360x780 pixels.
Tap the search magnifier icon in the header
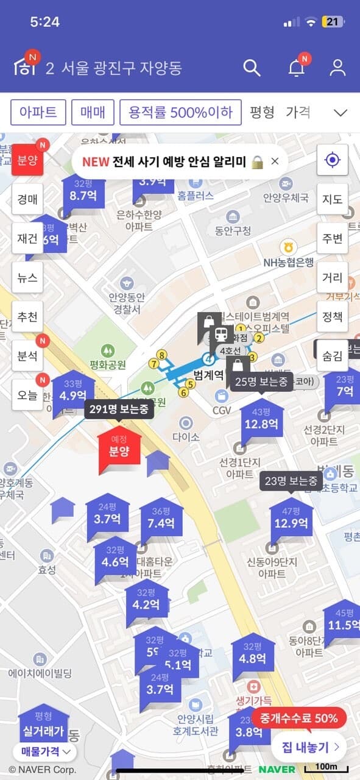click(x=252, y=68)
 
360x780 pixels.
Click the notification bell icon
click(x=296, y=68)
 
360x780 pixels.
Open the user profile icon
click(x=337, y=68)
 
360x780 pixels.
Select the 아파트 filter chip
click(x=38, y=112)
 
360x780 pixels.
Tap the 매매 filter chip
click(x=93, y=112)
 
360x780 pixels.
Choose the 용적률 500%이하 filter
click(x=180, y=112)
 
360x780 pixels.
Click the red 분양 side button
click(x=27, y=160)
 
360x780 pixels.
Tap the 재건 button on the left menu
click(x=27, y=238)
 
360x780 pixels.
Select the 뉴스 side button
click(x=27, y=278)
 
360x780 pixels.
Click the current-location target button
click(x=332, y=160)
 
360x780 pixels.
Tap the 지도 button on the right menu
click(x=332, y=199)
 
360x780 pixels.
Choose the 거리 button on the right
click(x=332, y=278)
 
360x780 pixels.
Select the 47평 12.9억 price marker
click(x=291, y=520)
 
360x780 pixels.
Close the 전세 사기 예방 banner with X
click(x=275, y=161)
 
